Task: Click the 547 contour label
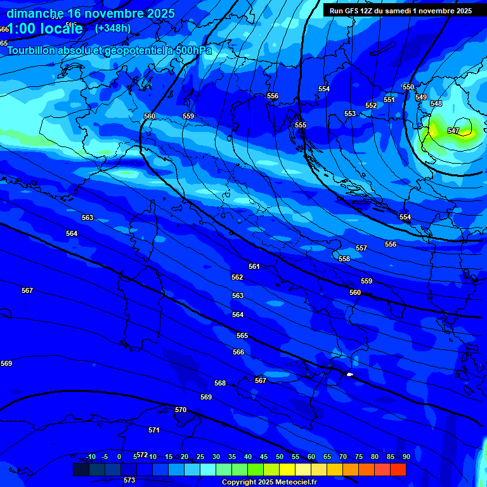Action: coord(453,131)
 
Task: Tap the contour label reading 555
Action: coord(301,125)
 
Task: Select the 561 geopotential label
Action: coord(254,266)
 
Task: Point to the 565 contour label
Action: coord(242,335)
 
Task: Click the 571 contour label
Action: coord(154,430)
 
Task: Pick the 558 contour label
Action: coord(344,259)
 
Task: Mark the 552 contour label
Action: coord(371,105)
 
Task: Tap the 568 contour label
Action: coord(220,383)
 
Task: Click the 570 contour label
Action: coord(181,410)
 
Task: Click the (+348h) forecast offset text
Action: coord(113,28)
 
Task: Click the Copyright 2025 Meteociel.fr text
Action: coord(269,482)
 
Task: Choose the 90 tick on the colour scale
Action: coord(406,457)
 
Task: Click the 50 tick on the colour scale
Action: coord(280,457)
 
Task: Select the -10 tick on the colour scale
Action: coord(90,457)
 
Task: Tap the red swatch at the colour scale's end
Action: coord(398,469)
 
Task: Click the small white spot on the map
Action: coord(349,374)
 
